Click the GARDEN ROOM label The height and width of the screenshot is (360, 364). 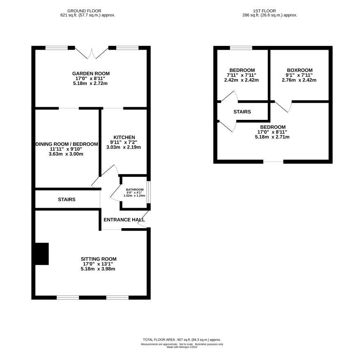(91, 73)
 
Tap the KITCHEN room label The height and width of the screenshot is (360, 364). (124, 138)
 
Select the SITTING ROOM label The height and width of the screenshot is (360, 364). (99, 259)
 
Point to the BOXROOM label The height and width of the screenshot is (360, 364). (299, 70)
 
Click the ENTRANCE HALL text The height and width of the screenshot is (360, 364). (124, 220)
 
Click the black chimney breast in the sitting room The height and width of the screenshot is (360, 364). (42, 254)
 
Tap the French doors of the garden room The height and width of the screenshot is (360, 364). (92, 53)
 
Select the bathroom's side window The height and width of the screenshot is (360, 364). (149, 192)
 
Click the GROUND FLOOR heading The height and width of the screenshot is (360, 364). (84, 11)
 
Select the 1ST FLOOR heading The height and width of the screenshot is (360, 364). (265, 11)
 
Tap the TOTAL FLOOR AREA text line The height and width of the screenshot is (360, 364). (182, 339)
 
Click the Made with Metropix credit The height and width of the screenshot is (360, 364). (182, 347)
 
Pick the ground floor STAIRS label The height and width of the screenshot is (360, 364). (67, 199)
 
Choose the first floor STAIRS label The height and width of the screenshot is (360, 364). (242, 112)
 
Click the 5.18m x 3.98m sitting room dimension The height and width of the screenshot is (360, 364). (98, 269)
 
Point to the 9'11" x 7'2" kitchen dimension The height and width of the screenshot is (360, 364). (124, 142)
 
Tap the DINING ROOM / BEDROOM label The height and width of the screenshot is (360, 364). (67, 144)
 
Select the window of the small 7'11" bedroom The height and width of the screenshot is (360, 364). (241, 48)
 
